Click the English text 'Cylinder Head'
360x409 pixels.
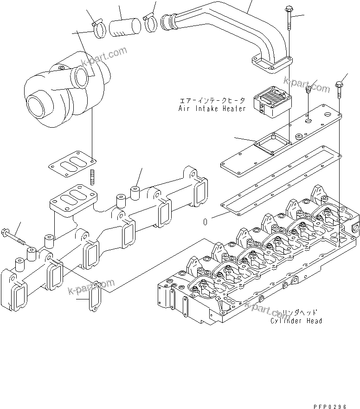[x=296, y=321]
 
